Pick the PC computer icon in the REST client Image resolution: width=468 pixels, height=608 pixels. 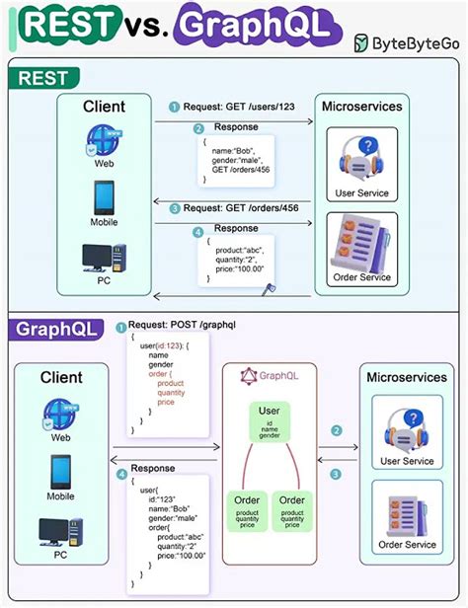(105, 259)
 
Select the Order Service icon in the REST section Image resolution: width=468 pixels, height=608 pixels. (361, 242)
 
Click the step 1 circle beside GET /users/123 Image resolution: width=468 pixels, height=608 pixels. (174, 107)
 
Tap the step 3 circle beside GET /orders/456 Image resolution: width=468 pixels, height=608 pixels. (174, 208)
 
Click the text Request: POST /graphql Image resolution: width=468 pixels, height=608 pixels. (178, 325)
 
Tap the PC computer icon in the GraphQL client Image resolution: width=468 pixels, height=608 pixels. (61, 533)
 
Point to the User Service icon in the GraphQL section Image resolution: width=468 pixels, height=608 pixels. (406, 431)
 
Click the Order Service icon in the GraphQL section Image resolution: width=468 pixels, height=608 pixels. (406, 512)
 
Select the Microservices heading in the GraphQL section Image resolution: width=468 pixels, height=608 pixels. (407, 377)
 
